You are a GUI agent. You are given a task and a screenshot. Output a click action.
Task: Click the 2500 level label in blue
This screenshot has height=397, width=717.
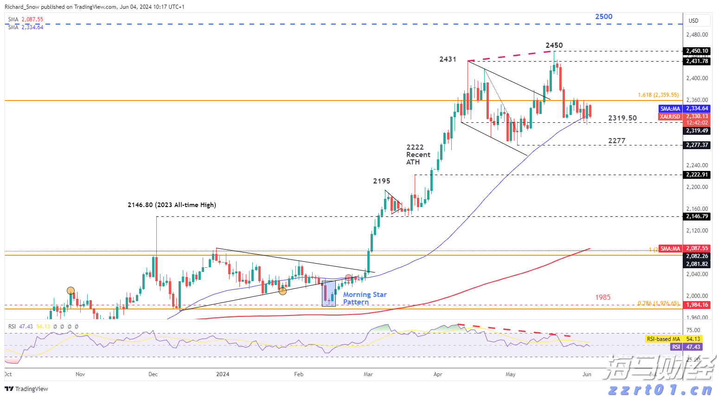click(x=603, y=17)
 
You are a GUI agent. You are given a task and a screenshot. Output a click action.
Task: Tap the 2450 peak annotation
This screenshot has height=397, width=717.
click(x=554, y=45)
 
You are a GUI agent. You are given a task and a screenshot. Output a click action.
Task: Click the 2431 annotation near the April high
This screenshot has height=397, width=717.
click(x=448, y=59)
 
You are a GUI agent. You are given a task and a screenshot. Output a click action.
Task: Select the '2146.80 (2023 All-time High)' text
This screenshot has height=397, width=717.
click(x=172, y=205)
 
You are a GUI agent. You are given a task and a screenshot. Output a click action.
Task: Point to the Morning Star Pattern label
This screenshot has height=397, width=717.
click(x=365, y=298)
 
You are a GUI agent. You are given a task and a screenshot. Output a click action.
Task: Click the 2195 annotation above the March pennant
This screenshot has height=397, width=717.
click(x=381, y=181)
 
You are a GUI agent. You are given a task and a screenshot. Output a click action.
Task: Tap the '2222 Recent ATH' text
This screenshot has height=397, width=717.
click(x=418, y=155)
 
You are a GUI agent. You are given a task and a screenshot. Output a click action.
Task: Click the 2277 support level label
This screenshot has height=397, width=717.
click(x=616, y=141)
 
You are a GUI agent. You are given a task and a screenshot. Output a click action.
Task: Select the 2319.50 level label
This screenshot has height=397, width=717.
click(x=622, y=118)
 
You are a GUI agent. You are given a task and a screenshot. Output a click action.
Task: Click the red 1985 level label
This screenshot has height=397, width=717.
click(x=602, y=297)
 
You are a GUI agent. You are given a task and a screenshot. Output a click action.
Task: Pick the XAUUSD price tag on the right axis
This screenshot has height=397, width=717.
click(x=670, y=117)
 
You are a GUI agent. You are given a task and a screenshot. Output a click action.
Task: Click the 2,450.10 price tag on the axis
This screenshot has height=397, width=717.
click(x=697, y=51)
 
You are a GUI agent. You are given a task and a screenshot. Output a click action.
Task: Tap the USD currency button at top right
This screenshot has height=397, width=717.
click(x=693, y=21)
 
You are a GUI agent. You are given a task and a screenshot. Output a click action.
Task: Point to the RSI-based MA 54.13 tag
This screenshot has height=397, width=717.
click(x=673, y=339)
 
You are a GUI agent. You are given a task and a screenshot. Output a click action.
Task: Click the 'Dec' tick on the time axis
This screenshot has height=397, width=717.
click(x=153, y=374)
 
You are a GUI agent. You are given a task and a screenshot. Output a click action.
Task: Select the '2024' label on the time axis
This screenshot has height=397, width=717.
click(x=223, y=374)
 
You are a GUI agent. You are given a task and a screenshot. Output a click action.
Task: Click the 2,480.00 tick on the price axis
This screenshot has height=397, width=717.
click(x=697, y=35)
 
